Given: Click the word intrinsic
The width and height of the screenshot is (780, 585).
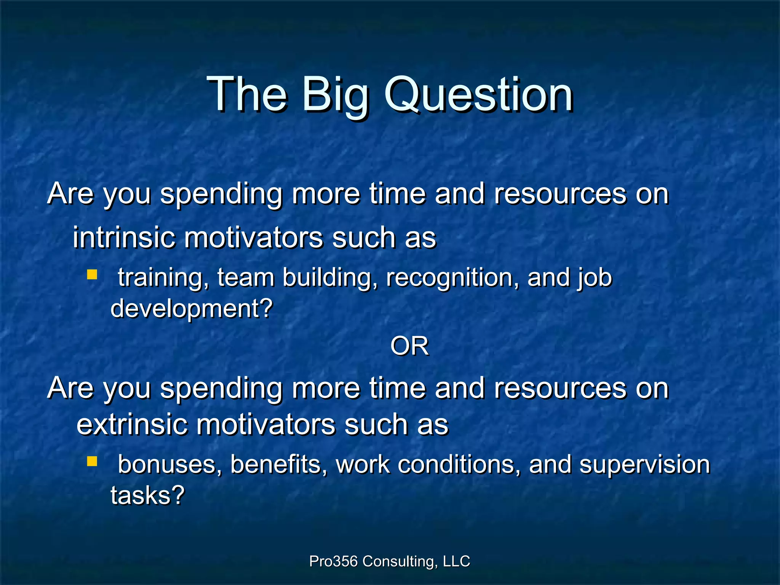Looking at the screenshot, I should click(x=124, y=237).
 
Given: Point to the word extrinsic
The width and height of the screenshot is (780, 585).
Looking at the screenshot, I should click(x=131, y=424).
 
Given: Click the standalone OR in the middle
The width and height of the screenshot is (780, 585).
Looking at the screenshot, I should click(x=409, y=347).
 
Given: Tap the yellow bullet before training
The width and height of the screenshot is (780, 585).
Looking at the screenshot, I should click(x=92, y=275).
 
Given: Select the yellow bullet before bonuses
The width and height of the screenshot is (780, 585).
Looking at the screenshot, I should click(x=92, y=462).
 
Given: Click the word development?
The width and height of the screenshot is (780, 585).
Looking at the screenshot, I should click(x=192, y=308).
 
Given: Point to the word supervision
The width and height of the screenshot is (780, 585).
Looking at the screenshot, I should click(x=644, y=465).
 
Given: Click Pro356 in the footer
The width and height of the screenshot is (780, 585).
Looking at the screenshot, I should click(x=333, y=561).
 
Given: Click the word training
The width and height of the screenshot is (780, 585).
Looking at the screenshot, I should click(x=164, y=278).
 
